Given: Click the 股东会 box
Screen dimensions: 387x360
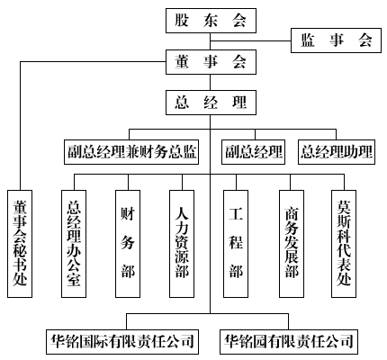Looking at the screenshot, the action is [x=211, y=21].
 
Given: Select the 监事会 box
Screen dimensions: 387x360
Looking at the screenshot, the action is [x=336, y=40].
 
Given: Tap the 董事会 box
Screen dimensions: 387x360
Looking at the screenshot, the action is [x=211, y=62].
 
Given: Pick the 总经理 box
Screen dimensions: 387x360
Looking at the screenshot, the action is [x=211, y=103].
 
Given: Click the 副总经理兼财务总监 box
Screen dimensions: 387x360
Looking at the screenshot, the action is [x=131, y=152].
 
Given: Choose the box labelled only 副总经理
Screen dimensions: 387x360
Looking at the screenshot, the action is [x=253, y=152].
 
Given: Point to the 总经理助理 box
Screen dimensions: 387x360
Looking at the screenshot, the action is [x=337, y=152].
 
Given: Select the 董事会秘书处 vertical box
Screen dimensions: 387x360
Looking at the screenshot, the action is [x=20, y=244].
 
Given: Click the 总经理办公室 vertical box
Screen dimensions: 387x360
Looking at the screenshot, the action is [x=74, y=244].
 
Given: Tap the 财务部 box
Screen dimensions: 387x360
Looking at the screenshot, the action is [x=128, y=244].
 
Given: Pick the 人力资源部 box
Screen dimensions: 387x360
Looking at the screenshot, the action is [x=182, y=244].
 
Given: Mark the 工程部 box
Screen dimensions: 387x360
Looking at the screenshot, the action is [x=236, y=244].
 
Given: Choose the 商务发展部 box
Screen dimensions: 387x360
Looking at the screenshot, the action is [x=292, y=244].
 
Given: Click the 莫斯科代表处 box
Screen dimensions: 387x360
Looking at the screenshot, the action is [x=344, y=244].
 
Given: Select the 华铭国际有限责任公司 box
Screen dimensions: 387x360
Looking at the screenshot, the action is [x=122, y=342].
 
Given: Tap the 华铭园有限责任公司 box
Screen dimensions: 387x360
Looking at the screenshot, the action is [x=289, y=342].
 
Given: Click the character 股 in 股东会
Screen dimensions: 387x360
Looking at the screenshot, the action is [x=182, y=21].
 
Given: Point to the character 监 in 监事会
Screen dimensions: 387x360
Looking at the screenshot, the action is [x=308, y=40].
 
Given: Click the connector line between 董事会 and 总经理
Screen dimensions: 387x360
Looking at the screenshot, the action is [x=210, y=83].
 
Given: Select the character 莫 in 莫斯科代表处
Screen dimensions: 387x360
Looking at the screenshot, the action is [x=344, y=207].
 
